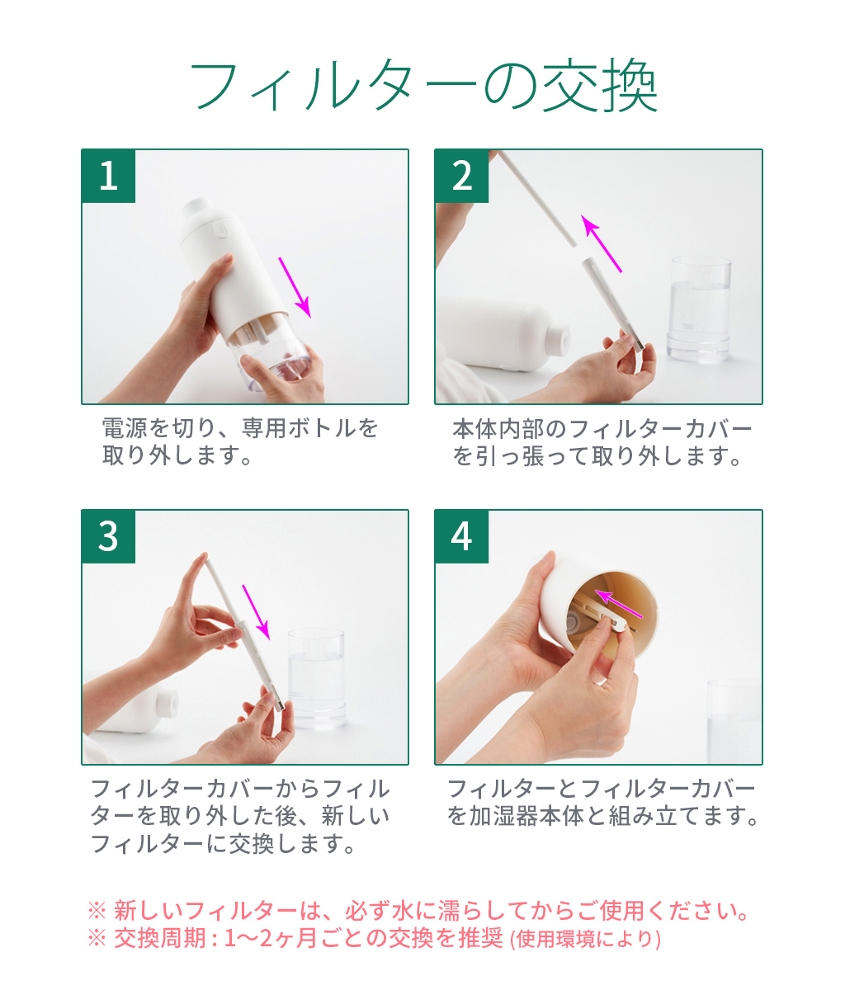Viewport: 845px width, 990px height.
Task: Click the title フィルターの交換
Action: [x=423, y=85]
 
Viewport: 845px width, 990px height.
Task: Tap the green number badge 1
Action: [x=109, y=176]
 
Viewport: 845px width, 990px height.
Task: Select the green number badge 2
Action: [x=462, y=176]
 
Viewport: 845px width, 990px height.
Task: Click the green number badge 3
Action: [x=109, y=536]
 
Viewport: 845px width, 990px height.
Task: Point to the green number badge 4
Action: [x=462, y=536]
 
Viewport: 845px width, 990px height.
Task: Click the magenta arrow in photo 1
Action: [x=295, y=287]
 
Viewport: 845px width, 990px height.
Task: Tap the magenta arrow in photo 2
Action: [x=602, y=243]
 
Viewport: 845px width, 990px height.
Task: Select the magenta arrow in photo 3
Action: [x=257, y=611]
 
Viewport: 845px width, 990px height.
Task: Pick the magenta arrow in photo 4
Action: [x=618, y=603]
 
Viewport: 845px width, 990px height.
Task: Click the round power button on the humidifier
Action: [x=220, y=229]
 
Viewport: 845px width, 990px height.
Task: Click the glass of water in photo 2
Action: [x=700, y=309]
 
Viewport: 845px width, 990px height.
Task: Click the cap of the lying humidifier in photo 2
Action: [x=557, y=338]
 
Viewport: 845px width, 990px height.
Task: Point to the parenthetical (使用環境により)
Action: [x=585, y=939]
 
